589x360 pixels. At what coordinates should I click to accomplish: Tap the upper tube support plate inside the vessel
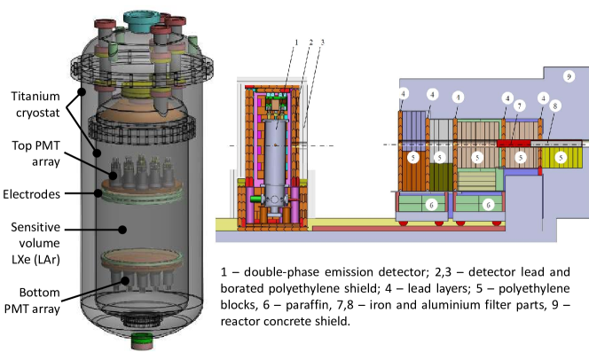point(141,191)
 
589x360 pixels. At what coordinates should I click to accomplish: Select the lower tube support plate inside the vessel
point(141,260)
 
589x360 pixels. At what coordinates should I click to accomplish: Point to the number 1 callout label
point(296,42)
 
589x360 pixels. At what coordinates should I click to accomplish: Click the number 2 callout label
point(310,42)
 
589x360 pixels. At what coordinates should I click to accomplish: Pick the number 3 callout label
point(323,42)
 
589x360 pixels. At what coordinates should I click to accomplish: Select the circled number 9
point(569,77)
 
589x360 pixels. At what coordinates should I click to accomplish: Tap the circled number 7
point(520,106)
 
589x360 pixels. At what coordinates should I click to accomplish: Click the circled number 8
point(555,106)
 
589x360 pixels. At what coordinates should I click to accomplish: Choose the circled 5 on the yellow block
point(561,157)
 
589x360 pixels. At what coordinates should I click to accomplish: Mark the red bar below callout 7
point(514,141)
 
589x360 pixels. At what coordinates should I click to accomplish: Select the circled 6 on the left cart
point(431,204)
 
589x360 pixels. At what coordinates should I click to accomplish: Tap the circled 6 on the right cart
point(487,204)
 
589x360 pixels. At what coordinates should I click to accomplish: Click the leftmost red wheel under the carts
point(404,222)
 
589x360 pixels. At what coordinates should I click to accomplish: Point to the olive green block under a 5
point(441,176)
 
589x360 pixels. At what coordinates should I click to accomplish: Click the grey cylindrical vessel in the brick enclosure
point(277,160)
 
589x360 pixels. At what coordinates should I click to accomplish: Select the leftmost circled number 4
point(404,93)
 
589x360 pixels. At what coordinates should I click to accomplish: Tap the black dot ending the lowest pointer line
point(126,281)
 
